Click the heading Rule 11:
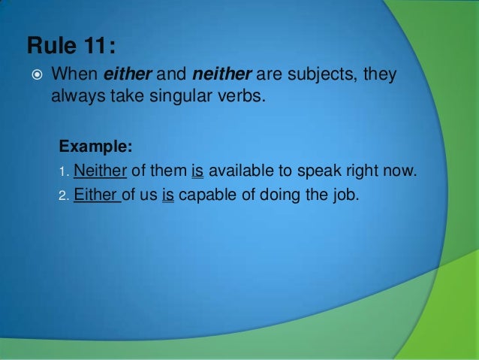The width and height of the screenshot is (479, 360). pyautogui.click(x=71, y=47)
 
